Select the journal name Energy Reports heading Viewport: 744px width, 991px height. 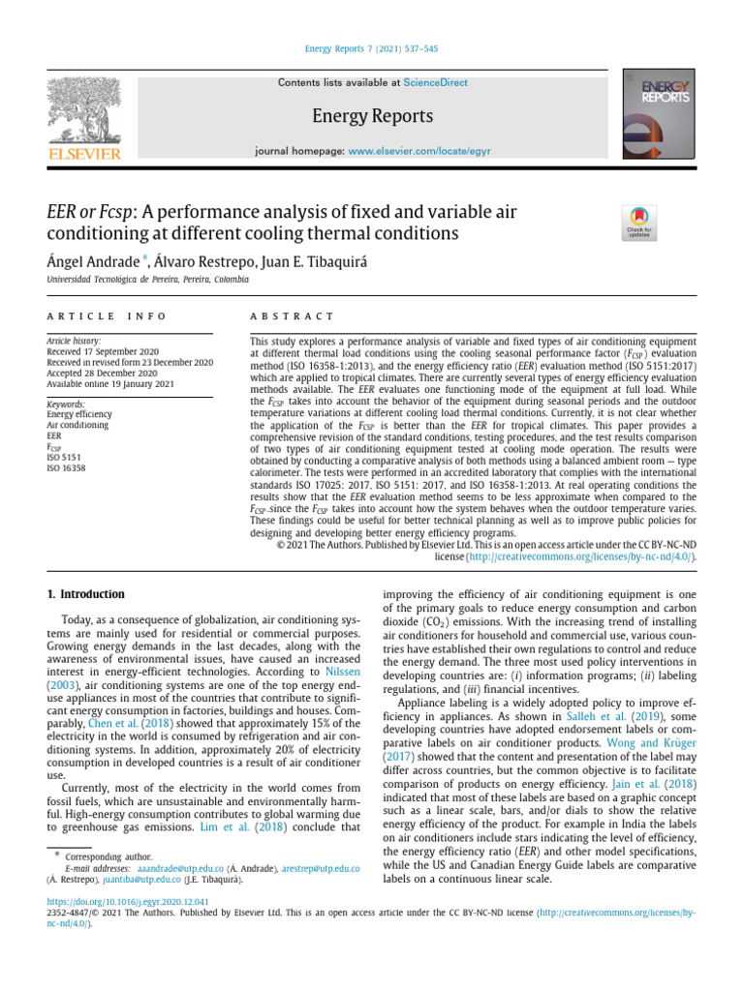coord(371,116)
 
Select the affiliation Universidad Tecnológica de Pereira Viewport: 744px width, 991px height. coord(147,279)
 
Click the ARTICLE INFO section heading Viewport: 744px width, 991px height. coord(106,316)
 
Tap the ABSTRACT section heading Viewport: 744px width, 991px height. coord(292,316)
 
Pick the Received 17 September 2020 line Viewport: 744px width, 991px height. coord(109,352)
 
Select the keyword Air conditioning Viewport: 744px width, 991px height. coord(79,425)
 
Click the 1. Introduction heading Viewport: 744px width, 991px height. coord(87,593)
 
